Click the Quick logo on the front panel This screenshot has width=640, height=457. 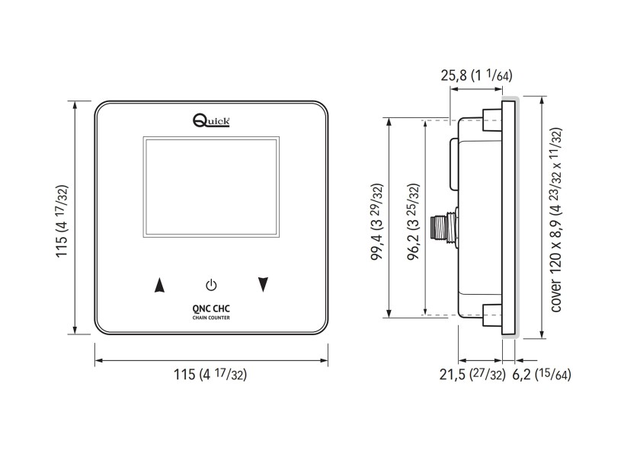[211, 120]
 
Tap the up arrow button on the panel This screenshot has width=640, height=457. [159, 286]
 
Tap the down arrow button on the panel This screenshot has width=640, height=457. [264, 285]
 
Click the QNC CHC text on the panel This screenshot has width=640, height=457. [211, 309]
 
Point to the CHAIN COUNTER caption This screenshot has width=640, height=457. [211, 318]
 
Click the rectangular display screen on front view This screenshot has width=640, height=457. [211, 187]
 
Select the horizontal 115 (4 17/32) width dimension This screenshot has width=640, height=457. [211, 374]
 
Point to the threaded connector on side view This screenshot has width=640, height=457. [441, 228]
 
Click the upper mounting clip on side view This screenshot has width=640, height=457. [491, 118]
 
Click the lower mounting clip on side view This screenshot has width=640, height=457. [491, 315]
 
